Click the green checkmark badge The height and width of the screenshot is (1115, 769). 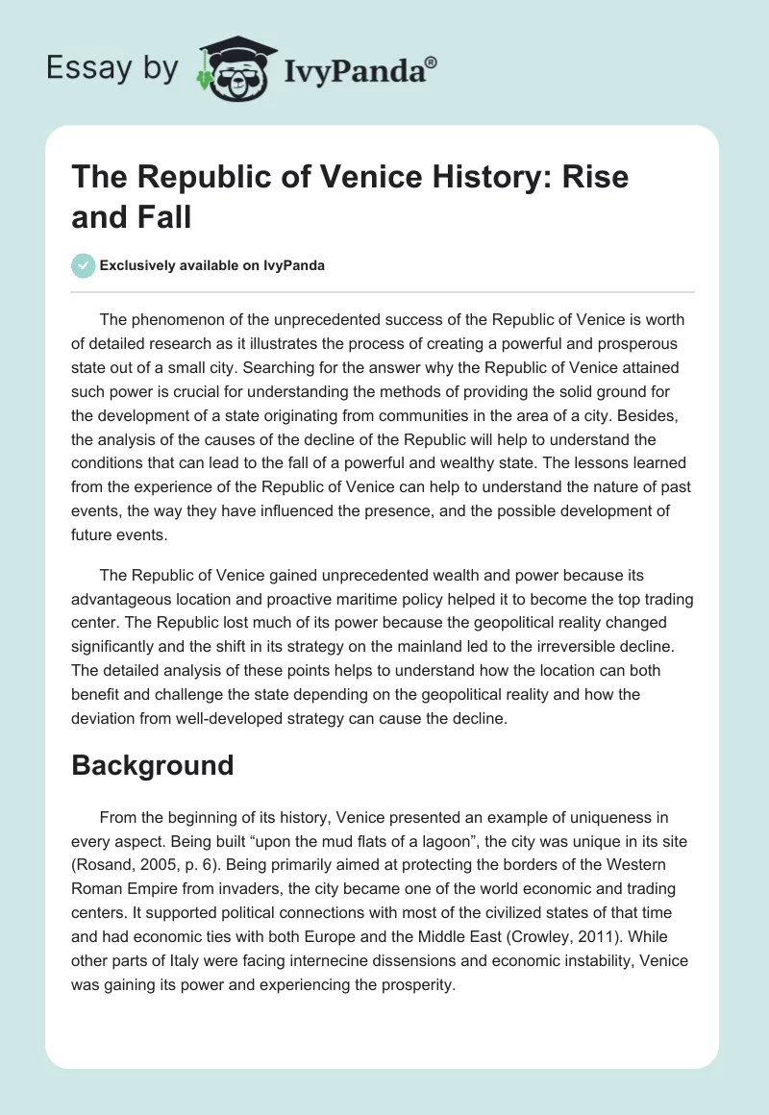[83, 265]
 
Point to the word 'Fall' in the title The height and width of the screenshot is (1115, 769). [165, 216]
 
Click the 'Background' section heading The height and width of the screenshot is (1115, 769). [153, 765]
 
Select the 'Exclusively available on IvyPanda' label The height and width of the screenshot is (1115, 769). [211, 265]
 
